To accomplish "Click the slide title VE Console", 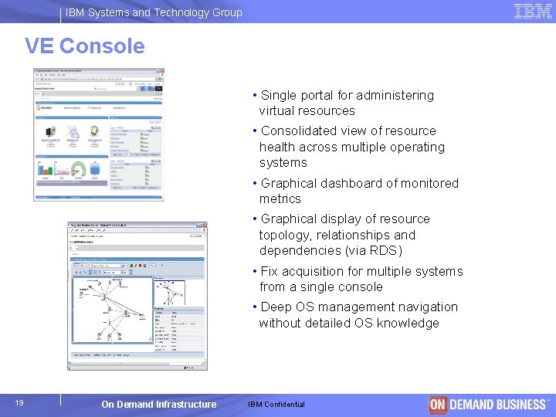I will coord(84,46).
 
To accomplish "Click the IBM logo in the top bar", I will coord(533,12).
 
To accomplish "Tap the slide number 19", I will coord(19,403).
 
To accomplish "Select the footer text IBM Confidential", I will coord(276,405).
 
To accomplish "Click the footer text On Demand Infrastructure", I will coord(158,405).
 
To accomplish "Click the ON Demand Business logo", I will coord(488,405).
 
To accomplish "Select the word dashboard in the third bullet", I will coord(352,184).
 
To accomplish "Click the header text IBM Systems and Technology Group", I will coord(154,12).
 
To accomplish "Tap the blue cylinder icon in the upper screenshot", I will coord(95,168).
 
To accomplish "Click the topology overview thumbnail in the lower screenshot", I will coord(169,293).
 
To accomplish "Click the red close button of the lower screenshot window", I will coord(204,227).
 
